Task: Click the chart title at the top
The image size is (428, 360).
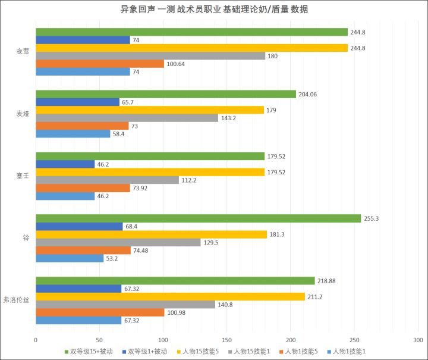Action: coord(214,10)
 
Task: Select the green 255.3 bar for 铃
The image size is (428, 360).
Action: coord(198,218)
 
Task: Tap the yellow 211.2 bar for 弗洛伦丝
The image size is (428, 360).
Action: coord(170,296)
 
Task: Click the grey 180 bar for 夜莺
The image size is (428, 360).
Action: coord(150,56)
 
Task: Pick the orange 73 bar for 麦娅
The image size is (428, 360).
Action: coord(82,126)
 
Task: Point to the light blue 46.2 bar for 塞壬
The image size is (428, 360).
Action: coord(65,196)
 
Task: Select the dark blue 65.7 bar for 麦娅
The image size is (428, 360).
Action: coord(77,102)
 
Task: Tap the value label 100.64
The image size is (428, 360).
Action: coord(177,64)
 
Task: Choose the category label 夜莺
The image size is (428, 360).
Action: coord(23,51)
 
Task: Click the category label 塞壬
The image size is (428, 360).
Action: coord(23,176)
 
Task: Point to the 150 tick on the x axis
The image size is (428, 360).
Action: coord(226,340)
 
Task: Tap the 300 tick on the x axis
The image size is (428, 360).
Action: coord(417,340)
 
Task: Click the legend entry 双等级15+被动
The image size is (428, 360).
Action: coord(89,351)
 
